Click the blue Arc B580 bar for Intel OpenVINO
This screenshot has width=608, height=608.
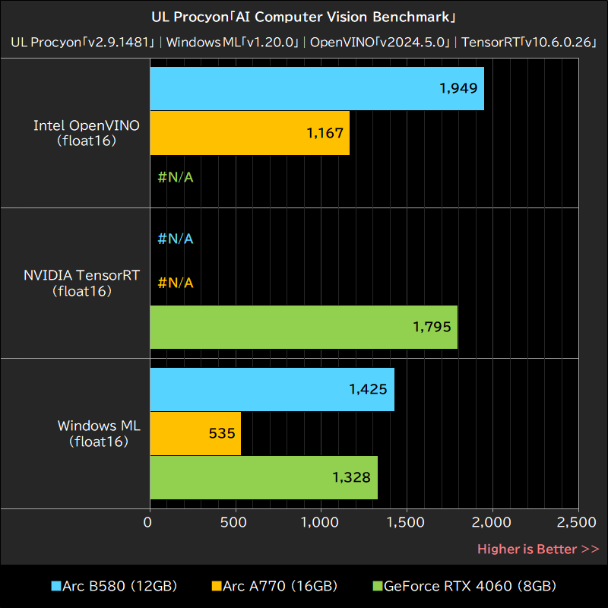(316, 88)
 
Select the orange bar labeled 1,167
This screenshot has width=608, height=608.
(249, 133)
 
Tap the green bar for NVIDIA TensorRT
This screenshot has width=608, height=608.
(303, 328)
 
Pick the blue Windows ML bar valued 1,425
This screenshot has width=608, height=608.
(271, 389)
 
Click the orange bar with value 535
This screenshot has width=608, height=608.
(195, 434)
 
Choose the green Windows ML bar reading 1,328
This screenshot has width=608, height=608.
(263, 478)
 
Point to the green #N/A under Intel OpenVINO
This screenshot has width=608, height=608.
(176, 178)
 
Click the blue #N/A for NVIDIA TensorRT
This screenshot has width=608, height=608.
(176, 239)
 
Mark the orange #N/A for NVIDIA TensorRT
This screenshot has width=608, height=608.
(176, 283)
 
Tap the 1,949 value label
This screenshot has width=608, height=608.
(458, 88)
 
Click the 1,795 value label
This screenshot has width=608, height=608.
(432, 328)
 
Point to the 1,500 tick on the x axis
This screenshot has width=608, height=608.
(407, 522)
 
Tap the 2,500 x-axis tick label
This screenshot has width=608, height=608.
(578, 522)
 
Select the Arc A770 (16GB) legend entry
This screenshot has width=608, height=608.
(274, 586)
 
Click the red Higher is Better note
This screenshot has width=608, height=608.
(538, 549)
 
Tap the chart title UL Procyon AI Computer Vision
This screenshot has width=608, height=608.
(304, 17)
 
